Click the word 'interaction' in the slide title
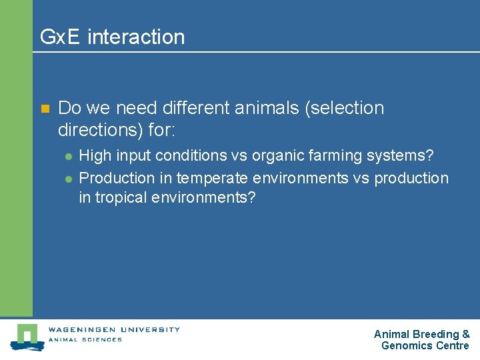click(136, 37)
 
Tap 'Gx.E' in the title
click(61, 37)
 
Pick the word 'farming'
click(337, 156)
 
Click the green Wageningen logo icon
click(27, 337)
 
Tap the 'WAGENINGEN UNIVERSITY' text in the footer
click(114, 329)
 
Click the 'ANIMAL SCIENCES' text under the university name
click(85, 339)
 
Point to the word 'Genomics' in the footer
click(407, 345)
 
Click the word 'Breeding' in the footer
click(435, 334)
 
